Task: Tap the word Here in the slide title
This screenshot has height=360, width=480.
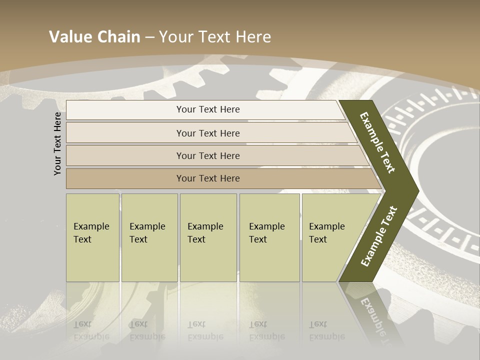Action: pyautogui.click(x=253, y=36)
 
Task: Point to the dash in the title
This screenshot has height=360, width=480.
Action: pyautogui.click(x=149, y=37)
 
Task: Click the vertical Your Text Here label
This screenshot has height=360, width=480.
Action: pyautogui.click(x=58, y=143)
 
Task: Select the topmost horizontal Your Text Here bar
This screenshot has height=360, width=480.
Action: pyautogui.click(x=207, y=109)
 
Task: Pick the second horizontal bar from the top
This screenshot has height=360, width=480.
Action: pyautogui.click(x=207, y=133)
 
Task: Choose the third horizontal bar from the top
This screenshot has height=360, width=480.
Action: pyautogui.click(x=207, y=155)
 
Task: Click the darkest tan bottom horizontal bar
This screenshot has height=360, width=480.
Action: pyautogui.click(x=207, y=178)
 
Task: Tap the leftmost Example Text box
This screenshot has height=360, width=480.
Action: pyautogui.click(x=92, y=237)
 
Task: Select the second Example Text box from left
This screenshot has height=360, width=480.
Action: pyautogui.click(x=149, y=237)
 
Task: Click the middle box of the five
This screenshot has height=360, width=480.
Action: pyautogui.click(x=208, y=237)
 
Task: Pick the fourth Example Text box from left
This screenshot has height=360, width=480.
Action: pyautogui.click(x=269, y=237)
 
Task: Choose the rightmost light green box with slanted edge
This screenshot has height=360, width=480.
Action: pyautogui.click(x=330, y=237)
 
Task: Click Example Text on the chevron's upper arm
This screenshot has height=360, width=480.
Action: pyautogui.click(x=377, y=142)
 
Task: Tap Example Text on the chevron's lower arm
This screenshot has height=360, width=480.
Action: pyautogui.click(x=378, y=236)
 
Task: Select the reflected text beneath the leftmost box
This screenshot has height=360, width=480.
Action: pyautogui.click(x=91, y=330)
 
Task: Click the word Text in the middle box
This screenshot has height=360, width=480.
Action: pyautogui.click(x=196, y=239)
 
